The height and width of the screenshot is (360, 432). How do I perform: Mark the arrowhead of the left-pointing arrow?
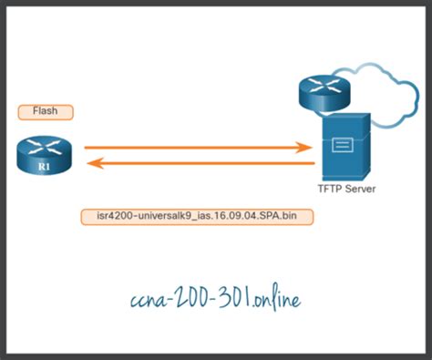[91, 165]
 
